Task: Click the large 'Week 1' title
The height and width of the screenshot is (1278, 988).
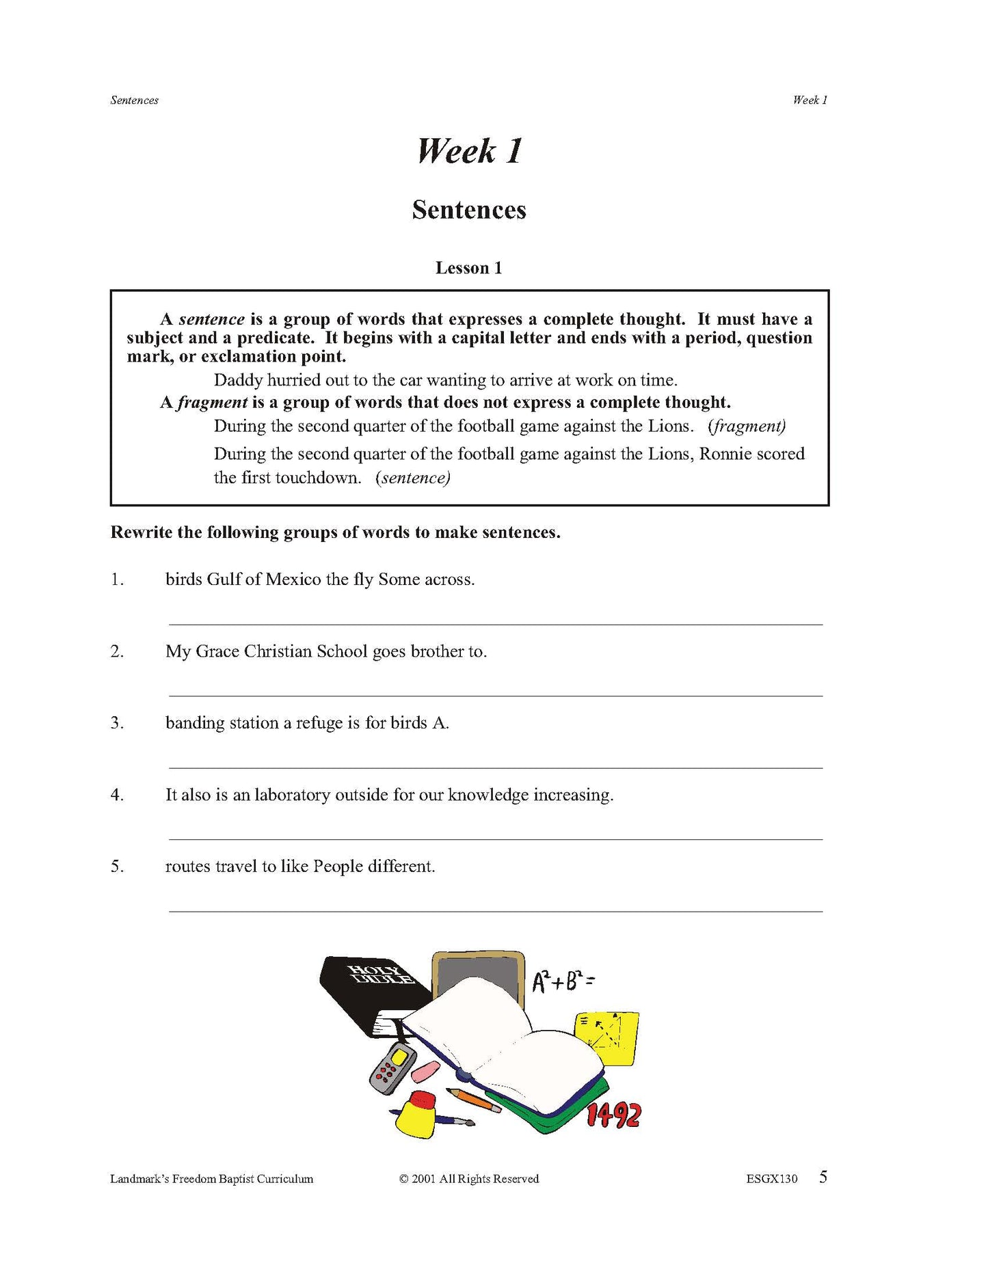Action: pos(469,151)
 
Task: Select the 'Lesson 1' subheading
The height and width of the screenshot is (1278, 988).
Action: pos(468,268)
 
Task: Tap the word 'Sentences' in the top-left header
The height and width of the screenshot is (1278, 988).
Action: pos(134,100)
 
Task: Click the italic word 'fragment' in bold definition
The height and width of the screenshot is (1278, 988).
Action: pos(212,403)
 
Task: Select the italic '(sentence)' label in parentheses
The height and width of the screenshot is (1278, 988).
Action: pos(413,478)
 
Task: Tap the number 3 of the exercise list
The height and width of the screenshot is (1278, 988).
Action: pos(117,722)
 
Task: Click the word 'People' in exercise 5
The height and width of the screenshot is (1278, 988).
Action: pos(338,867)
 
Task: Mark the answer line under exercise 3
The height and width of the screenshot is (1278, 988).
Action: pos(495,767)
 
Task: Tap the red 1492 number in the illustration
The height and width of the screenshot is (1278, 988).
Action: pos(613,1115)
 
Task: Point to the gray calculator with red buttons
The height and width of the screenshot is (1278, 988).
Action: pos(392,1068)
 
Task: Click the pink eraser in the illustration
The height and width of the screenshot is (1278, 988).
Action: pos(427,1071)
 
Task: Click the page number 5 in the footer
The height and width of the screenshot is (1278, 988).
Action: pos(823,1177)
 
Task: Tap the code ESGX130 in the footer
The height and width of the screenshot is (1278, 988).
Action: pos(771,1179)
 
